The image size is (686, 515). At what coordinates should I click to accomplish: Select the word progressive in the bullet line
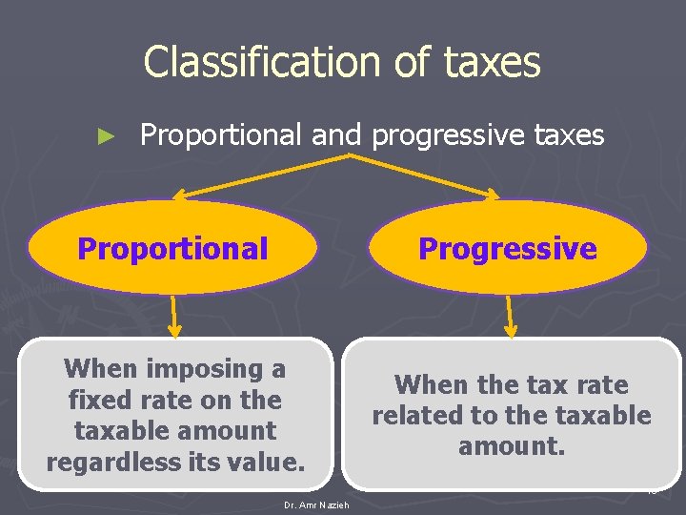445,136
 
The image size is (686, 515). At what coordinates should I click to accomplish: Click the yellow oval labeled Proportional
172,248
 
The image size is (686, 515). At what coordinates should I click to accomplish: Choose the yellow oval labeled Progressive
508,249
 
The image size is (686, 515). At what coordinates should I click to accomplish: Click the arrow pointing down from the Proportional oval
174,315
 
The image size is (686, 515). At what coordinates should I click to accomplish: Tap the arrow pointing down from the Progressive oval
509,316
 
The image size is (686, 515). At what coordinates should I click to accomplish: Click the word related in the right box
414,416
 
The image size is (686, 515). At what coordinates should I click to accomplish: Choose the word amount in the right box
512,446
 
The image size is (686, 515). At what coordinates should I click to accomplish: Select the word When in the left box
100,368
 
